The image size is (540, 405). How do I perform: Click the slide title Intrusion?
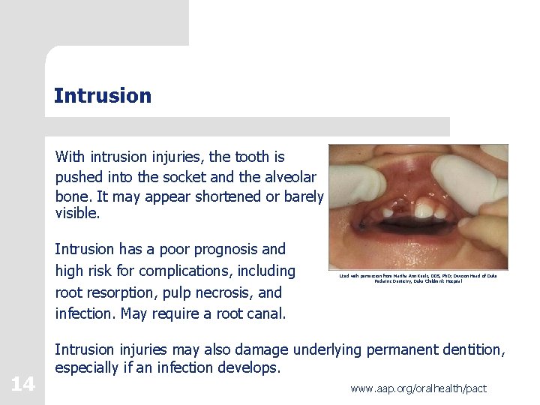click(103, 96)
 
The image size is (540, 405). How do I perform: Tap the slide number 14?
click(22, 385)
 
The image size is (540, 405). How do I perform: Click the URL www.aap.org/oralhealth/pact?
click(418, 388)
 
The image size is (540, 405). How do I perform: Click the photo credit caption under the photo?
click(418, 280)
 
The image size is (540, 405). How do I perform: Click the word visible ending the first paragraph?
click(76, 214)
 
